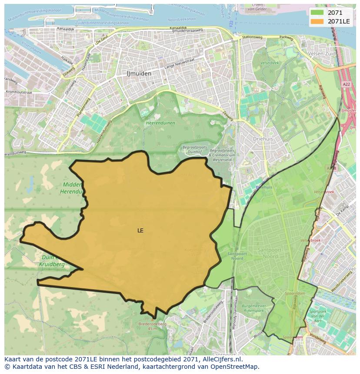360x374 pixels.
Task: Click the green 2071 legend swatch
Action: pos(317,13)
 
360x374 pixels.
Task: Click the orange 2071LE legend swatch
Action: pos(317,21)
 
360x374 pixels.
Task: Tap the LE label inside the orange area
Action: pos(140,231)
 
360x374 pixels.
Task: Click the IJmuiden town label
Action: pos(139,73)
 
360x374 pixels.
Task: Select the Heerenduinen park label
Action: pos(160,123)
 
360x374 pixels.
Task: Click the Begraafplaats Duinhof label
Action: pos(193,150)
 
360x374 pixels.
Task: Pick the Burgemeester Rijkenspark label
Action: pos(253,308)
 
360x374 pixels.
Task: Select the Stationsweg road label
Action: pos(252,37)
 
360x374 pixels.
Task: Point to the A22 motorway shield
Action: pos(346,84)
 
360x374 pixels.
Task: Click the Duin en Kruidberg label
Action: pos(52,261)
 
